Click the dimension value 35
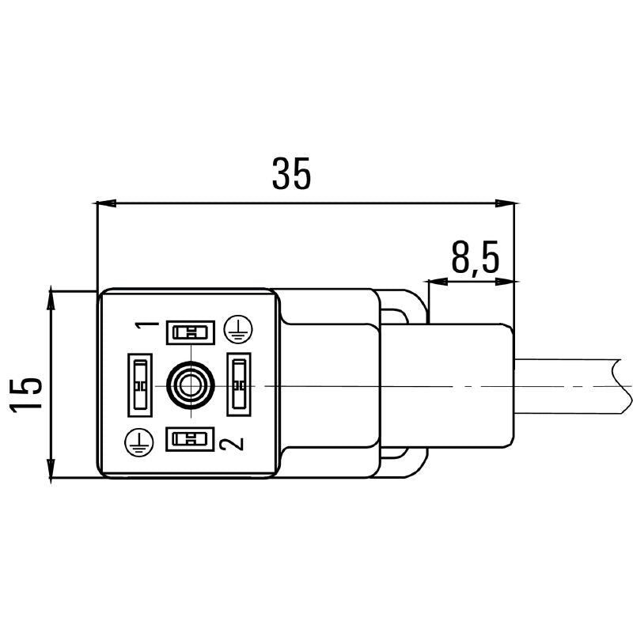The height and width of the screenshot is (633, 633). click(292, 173)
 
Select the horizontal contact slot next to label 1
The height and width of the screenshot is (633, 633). click(190, 332)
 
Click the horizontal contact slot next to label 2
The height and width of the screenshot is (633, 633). click(190, 438)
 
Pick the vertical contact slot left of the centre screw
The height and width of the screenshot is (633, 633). click(139, 385)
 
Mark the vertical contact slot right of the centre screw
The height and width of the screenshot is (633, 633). click(239, 385)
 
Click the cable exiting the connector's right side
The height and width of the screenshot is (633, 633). click(570, 385)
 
